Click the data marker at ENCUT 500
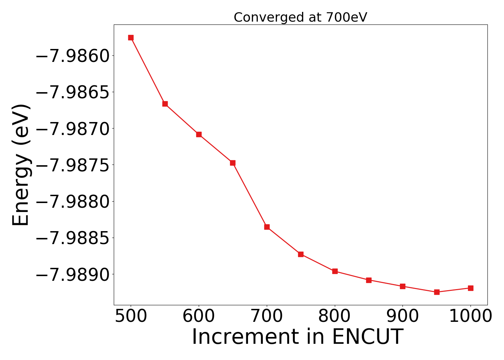(131, 38)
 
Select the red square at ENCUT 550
(165, 104)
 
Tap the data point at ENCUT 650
(233, 163)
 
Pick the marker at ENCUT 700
(267, 227)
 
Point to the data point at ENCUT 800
(335, 271)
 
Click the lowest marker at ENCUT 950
(437, 292)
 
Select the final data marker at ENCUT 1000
(471, 288)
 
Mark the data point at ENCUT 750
(301, 254)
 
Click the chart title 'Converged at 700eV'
(300, 17)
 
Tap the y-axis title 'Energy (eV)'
(21, 165)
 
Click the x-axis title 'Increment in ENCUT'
(297, 337)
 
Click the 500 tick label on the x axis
(131, 316)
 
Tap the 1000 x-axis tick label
(471, 316)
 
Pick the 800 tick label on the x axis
(335, 316)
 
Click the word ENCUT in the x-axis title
(367, 337)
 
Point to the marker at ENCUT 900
(402, 286)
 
